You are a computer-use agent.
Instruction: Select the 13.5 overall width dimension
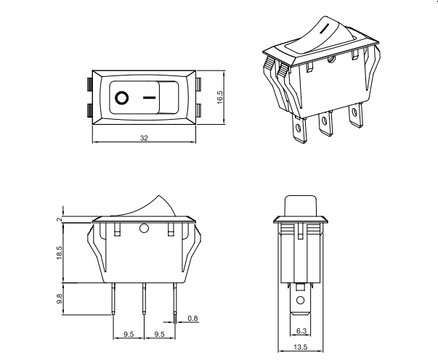pos(301,348)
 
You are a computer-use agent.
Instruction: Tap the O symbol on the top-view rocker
pos(121,96)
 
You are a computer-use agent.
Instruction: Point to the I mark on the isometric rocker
pos(326,30)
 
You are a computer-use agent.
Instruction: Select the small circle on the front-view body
pos(144,230)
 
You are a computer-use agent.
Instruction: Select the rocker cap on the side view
pos(301,205)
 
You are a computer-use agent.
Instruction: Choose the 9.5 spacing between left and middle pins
pos(129,335)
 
